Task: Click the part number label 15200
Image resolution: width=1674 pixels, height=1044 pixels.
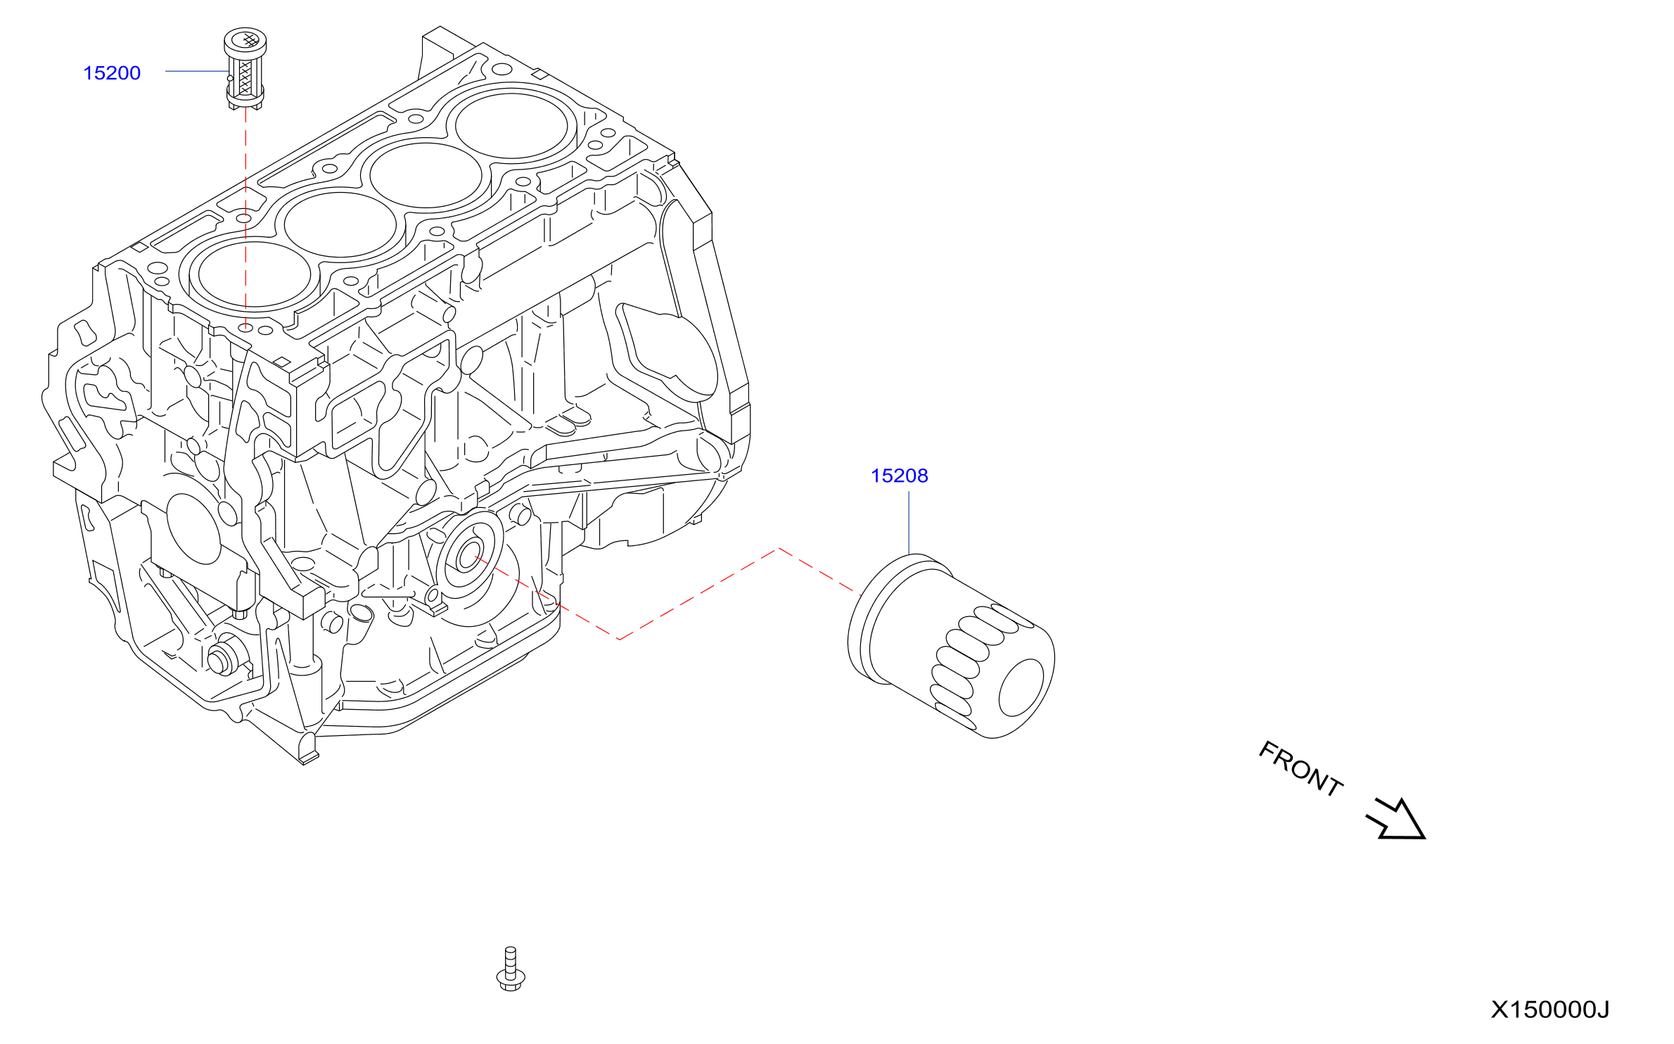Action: (x=112, y=73)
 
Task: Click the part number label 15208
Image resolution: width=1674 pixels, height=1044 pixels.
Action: (x=899, y=476)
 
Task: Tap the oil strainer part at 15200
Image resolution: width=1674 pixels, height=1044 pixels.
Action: (x=245, y=68)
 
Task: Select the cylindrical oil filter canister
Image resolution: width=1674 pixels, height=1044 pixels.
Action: (x=951, y=646)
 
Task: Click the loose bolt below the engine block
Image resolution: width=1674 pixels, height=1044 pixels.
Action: (x=511, y=969)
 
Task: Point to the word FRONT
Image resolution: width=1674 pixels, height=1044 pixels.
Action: (x=1301, y=769)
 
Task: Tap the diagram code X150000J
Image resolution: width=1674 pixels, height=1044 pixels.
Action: (x=1550, y=1010)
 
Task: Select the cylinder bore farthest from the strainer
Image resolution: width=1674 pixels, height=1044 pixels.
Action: (x=511, y=125)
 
